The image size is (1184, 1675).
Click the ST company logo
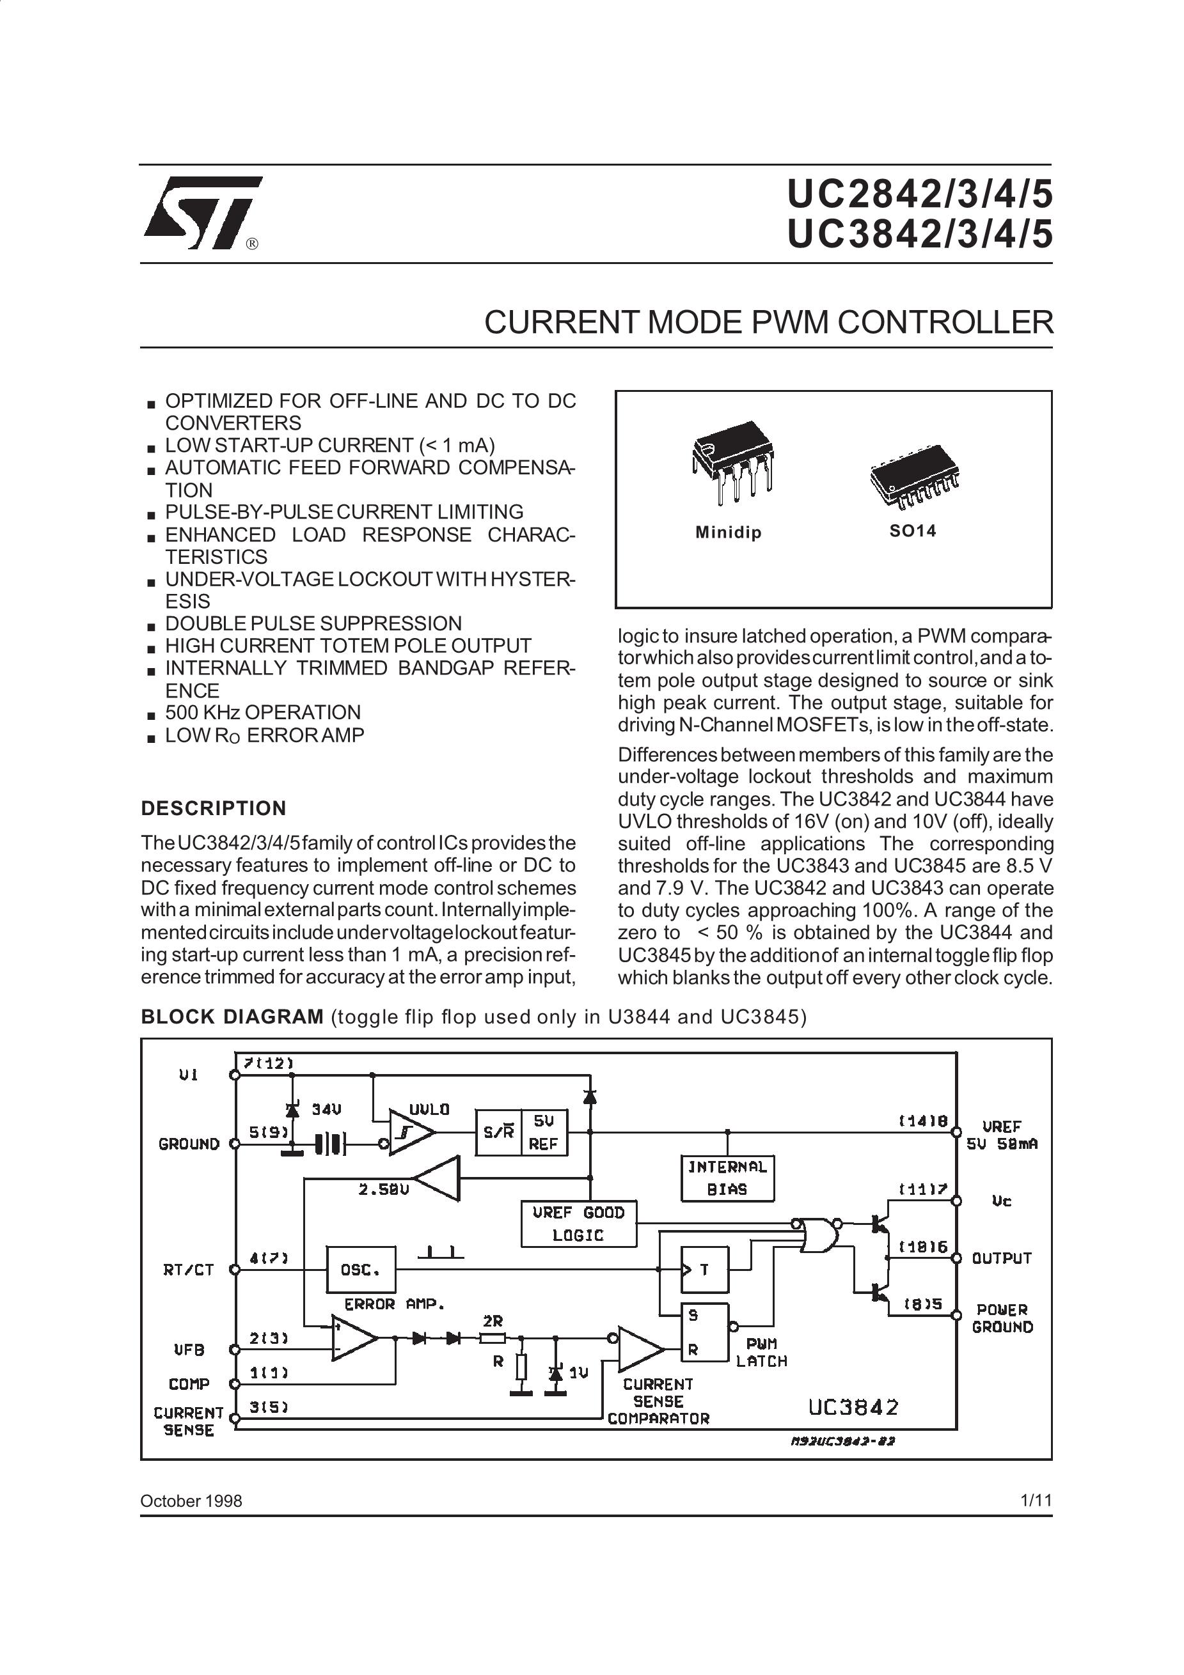202,212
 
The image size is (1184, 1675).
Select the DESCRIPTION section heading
213,808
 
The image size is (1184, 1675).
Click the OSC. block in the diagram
361,1270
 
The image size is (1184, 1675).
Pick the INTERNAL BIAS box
727,1178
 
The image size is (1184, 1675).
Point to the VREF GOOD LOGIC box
578,1224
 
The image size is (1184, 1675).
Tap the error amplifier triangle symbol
353,1338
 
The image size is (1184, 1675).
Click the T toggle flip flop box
704,1270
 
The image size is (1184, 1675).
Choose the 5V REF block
544,1132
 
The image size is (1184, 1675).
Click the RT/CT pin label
188,1270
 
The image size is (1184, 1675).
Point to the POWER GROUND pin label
1002,1318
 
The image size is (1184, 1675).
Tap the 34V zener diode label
326,1110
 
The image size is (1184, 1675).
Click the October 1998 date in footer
191,1500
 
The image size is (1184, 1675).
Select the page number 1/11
1036,1500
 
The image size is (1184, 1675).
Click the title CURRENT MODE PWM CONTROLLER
769,322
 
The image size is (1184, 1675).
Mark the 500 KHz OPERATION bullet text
263,712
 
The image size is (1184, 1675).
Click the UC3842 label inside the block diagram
853,1406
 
